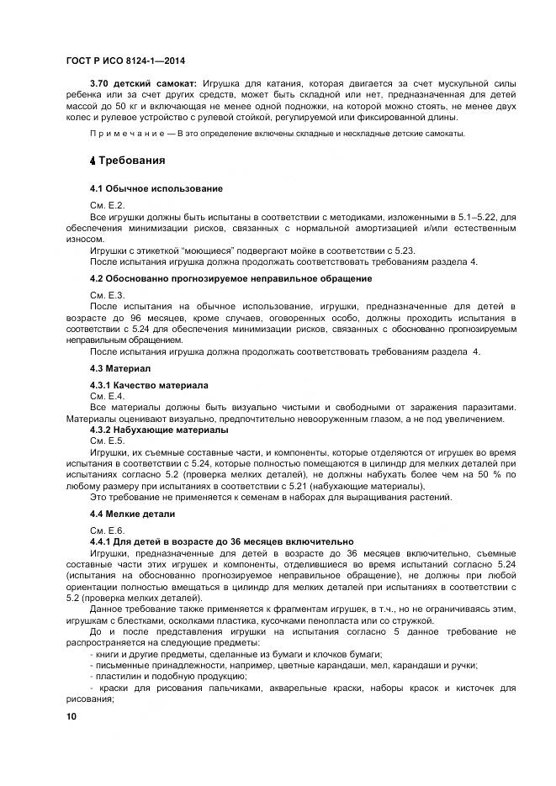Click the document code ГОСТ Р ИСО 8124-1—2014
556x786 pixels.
(x=125, y=61)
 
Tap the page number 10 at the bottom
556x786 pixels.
(x=71, y=715)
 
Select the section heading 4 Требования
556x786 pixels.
(x=126, y=161)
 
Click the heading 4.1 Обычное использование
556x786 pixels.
(x=156, y=189)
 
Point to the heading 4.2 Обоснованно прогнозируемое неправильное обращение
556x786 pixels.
(x=230, y=278)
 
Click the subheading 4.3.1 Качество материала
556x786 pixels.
(x=149, y=385)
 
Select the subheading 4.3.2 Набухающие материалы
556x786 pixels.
(x=158, y=430)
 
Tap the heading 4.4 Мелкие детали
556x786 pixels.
(x=132, y=513)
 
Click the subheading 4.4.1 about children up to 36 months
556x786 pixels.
(x=221, y=541)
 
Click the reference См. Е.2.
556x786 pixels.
(x=107, y=206)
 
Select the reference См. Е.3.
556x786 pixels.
(x=107, y=295)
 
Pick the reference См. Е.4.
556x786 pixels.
(x=107, y=396)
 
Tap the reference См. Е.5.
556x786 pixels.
(x=107, y=440)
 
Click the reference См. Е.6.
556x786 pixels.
(x=107, y=530)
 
